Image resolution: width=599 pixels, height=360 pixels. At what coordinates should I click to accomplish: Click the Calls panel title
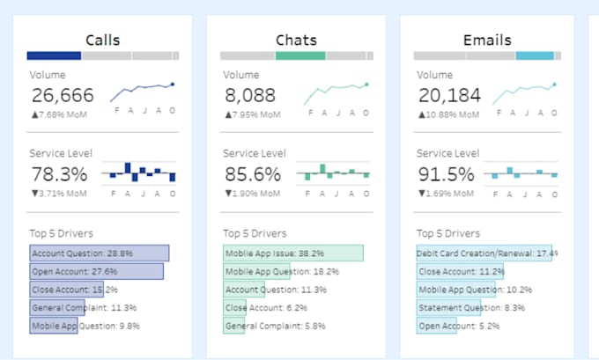(103, 40)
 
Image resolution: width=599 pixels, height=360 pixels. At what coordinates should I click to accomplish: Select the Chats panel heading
(296, 40)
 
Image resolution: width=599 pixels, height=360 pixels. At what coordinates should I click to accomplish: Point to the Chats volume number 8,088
(250, 96)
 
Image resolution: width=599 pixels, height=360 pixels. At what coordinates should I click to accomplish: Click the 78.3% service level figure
(60, 174)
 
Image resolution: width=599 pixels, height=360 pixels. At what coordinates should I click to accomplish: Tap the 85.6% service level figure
(254, 174)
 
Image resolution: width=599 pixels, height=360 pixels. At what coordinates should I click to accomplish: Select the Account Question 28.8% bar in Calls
(99, 253)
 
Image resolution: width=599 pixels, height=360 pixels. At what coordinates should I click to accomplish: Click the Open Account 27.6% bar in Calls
(96, 271)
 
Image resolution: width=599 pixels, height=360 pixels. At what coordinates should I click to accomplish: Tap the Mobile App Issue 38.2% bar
(292, 253)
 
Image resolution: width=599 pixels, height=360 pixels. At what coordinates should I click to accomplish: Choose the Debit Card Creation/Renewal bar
(484, 253)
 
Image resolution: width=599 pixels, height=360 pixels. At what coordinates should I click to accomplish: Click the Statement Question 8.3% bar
(448, 307)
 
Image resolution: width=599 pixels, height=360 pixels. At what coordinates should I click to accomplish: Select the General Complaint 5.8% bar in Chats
(234, 326)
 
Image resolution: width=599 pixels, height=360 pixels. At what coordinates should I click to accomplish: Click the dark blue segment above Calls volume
(54, 55)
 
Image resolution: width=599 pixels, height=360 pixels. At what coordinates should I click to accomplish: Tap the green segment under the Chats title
(299, 55)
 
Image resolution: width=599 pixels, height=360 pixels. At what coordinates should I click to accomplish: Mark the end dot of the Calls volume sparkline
(173, 84)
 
